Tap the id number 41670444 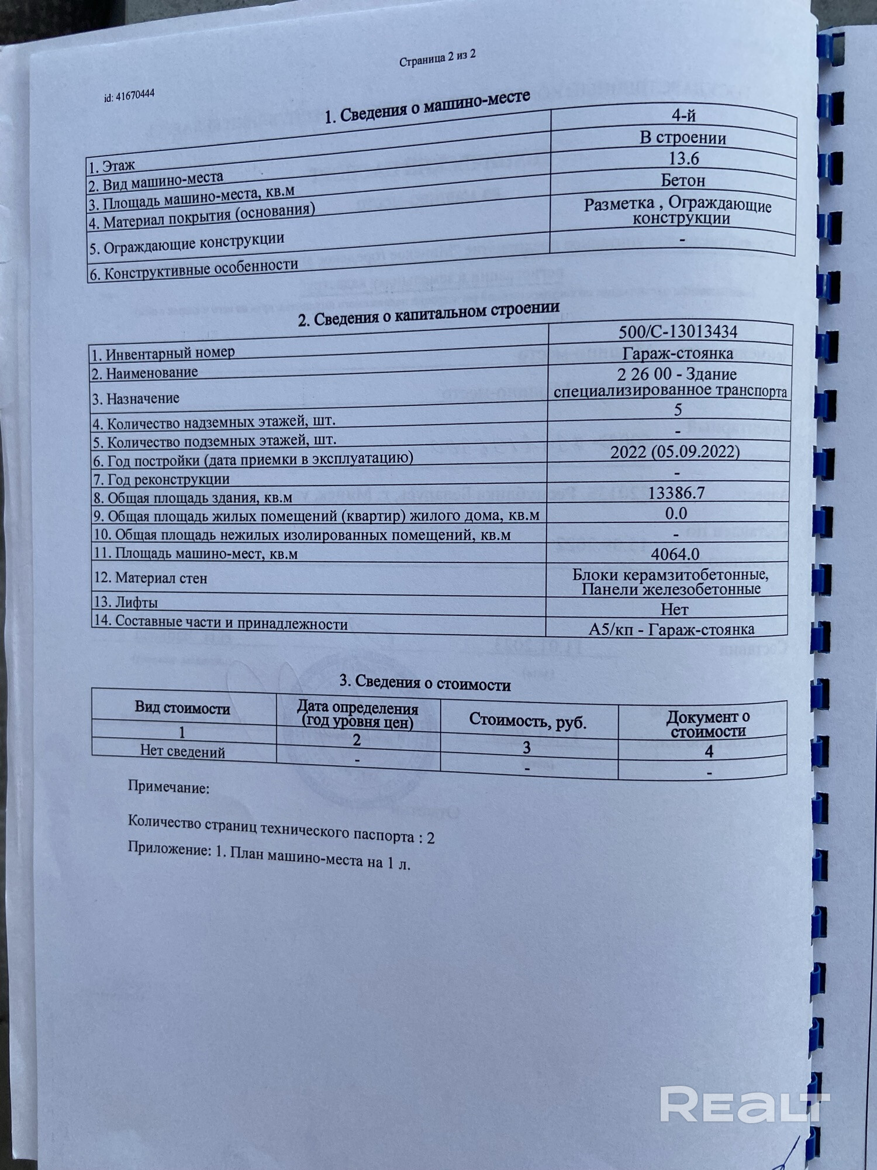tap(129, 95)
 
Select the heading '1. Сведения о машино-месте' tap(427, 106)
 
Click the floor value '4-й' tap(683, 116)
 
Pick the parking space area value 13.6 tap(683, 159)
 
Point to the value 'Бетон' tap(682, 180)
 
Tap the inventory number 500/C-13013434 tap(678, 332)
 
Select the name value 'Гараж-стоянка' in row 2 tap(677, 353)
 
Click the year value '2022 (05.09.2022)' tap(675, 452)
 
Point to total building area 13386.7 tap(676, 493)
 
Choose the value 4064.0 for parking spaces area tap(675, 554)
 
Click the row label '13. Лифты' tap(126, 602)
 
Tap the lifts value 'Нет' tap(674, 610)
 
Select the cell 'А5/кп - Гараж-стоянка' tap(671, 629)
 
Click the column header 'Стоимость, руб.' tap(527, 721)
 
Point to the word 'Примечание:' tap(168, 787)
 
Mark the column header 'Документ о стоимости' tap(708, 724)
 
